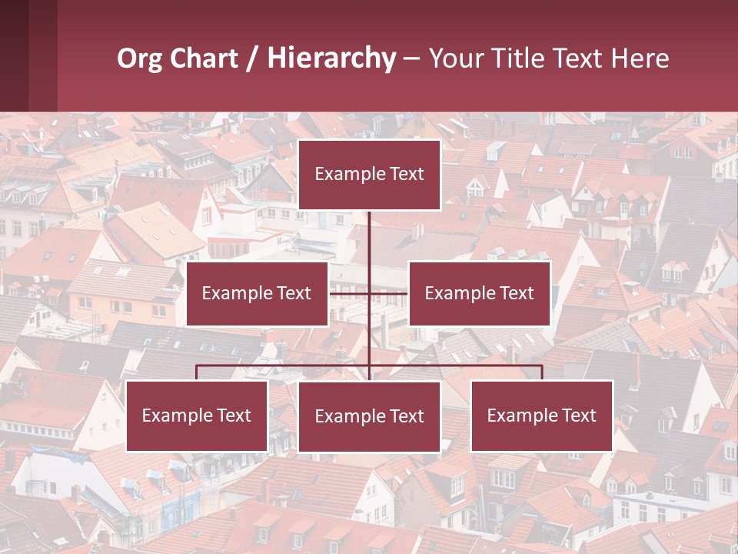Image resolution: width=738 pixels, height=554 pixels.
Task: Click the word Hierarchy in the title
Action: (331, 58)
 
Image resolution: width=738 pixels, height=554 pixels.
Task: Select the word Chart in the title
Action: (204, 58)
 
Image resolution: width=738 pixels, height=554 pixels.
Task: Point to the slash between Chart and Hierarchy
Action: (252, 58)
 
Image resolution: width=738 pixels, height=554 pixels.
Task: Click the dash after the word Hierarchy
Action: (411, 58)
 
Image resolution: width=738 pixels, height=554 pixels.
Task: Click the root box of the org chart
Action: (369, 175)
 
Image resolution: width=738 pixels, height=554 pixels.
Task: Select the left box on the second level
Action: (257, 293)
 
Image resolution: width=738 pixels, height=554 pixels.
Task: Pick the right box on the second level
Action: (479, 293)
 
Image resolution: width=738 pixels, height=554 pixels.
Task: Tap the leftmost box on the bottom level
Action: (197, 415)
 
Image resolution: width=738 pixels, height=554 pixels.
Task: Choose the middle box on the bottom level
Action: (369, 416)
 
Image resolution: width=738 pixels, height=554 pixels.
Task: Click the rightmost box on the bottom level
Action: (541, 415)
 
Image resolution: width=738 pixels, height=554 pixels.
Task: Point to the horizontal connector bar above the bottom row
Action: (284, 365)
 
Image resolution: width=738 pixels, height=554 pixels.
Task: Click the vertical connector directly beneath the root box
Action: (369, 239)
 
